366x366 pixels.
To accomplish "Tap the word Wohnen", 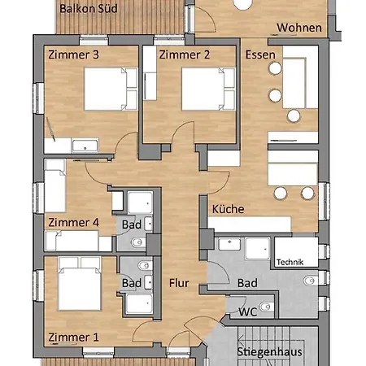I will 299,28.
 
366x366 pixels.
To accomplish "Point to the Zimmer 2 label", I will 185,55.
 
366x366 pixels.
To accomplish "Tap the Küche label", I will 228,209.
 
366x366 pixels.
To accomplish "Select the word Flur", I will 179,284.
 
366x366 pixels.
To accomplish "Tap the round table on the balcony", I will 243,4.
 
